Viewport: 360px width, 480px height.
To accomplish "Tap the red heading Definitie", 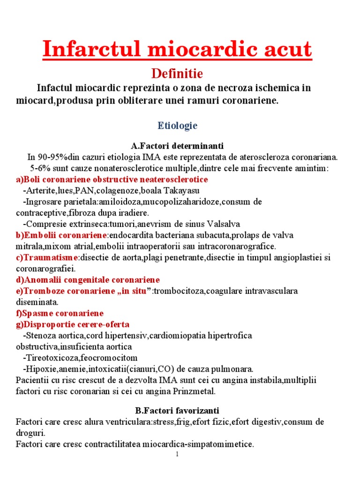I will click(176, 74).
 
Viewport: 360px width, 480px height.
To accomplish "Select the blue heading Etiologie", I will click(177, 126).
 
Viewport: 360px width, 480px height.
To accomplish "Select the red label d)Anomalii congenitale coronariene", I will click(88, 280).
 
